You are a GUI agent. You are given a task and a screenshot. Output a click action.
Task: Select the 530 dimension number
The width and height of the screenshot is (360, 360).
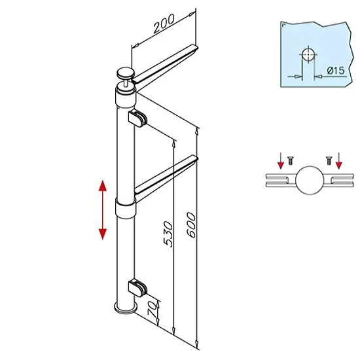tap(168, 234)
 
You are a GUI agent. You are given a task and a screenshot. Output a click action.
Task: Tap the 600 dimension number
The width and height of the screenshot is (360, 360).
tap(191, 225)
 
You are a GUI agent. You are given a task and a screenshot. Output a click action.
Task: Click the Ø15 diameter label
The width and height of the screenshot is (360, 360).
tap(336, 71)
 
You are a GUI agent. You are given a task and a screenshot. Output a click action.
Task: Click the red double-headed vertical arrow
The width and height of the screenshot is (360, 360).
tap(102, 210)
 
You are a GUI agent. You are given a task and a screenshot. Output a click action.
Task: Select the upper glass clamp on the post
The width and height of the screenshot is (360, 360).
tap(137, 118)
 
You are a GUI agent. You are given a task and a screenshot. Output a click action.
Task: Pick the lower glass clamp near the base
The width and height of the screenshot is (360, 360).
tap(137, 288)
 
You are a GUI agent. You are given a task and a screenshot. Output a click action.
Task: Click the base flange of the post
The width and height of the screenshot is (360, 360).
tap(126, 308)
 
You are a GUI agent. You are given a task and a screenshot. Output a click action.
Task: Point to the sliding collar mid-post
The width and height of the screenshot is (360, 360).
tap(126, 208)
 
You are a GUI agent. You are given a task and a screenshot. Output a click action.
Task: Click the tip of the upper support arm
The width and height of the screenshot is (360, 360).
tap(196, 48)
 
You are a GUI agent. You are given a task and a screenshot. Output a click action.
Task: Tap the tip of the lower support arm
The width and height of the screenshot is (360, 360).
tap(196, 158)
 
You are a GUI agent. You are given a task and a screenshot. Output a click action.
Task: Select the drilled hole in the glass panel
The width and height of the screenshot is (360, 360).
tap(308, 55)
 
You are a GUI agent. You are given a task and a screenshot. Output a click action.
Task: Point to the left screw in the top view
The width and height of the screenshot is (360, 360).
tap(291, 160)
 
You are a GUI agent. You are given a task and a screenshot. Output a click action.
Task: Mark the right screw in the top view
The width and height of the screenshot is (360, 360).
tap(329, 160)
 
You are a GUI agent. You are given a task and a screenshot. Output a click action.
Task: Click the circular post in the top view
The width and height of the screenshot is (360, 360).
tap(310, 180)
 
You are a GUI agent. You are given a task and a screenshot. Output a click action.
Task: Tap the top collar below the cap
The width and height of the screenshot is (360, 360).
tap(126, 99)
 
